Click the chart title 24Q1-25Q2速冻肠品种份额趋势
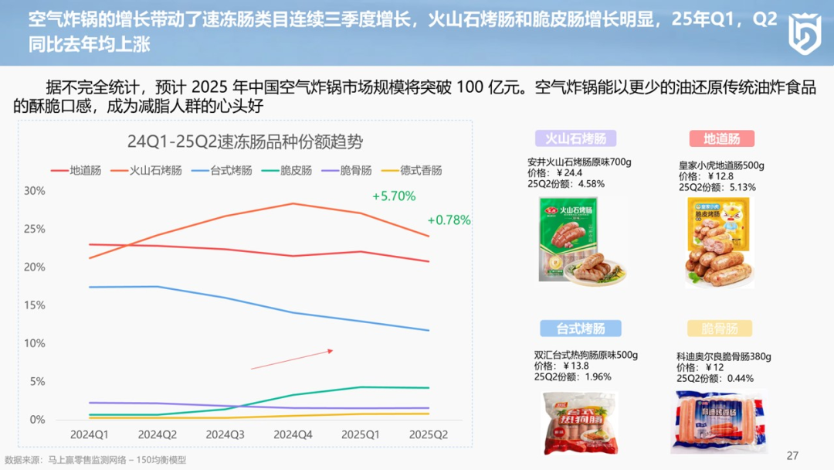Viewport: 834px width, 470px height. click(x=245, y=142)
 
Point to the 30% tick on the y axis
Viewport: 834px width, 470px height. click(x=35, y=191)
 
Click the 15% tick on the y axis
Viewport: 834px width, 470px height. click(x=35, y=305)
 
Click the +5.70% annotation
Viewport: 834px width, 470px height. click(x=394, y=196)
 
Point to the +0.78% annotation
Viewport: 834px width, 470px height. click(x=449, y=220)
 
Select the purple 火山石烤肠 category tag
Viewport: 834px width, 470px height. click(x=576, y=138)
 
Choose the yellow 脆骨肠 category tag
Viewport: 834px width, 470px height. click(x=720, y=328)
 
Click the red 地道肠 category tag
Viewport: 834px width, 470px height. click(x=721, y=138)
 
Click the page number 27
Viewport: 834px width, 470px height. click(x=792, y=455)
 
